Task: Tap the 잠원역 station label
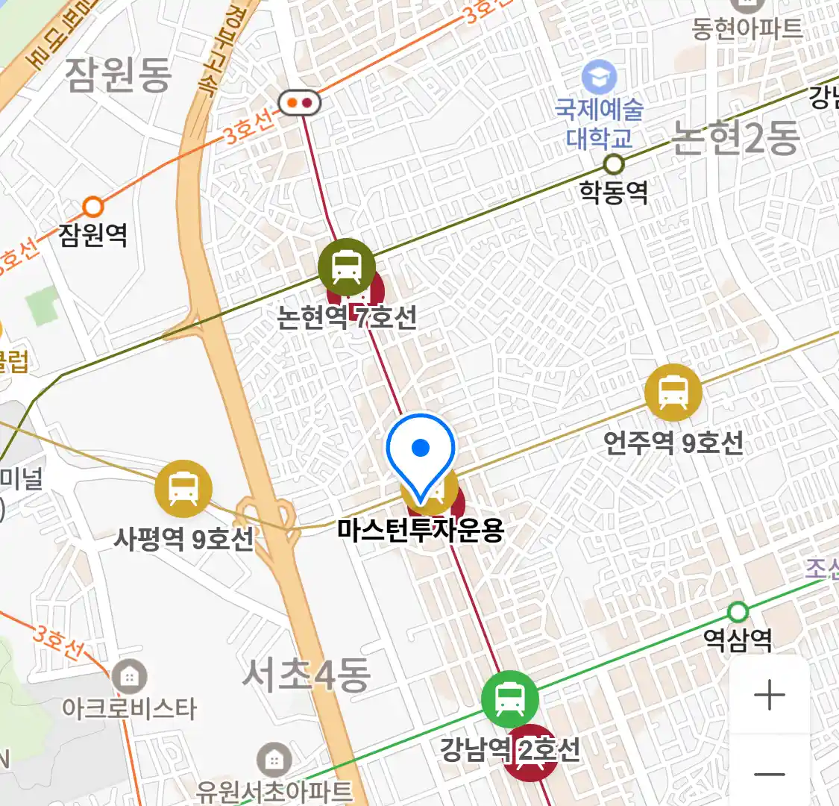[x=93, y=235]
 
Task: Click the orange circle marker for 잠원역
[x=92, y=206]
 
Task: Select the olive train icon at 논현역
[x=346, y=266]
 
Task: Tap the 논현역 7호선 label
[x=347, y=318]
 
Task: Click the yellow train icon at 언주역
[x=673, y=392]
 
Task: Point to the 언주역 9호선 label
[x=673, y=443]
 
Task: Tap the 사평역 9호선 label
[x=183, y=538]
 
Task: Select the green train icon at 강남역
[x=509, y=700]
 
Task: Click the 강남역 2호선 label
[x=509, y=749]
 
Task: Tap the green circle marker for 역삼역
[x=738, y=612]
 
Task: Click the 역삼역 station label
[x=738, y=640]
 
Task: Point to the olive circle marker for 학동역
[x=614, y=163]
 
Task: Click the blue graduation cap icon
[x=600, y=76]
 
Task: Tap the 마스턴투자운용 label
[x=421, y=530]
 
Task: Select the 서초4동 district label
[x=307, y=675]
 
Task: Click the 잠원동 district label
[x=119, y=75]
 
